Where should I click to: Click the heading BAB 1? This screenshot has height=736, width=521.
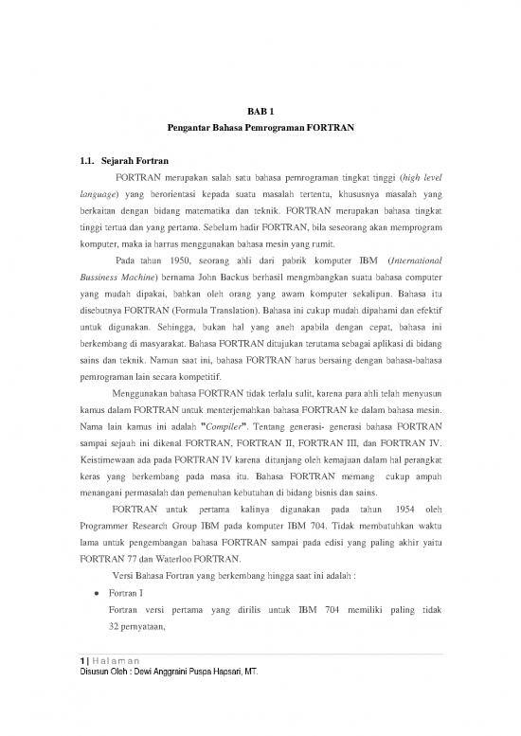pos(260,112)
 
